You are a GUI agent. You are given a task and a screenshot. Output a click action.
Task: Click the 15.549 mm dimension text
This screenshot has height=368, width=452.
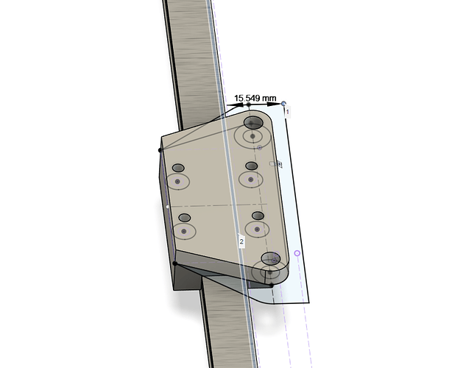pos(255,99)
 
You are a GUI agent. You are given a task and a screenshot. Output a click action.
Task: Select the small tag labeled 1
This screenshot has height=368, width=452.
pos(287,112)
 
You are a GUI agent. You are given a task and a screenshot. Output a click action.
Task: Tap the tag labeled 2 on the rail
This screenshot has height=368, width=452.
pos(241,241)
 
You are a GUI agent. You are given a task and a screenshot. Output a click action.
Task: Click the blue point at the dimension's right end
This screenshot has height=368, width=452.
pos(283,103)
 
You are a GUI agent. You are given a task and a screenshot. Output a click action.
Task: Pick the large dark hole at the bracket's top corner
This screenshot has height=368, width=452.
pos(253,122)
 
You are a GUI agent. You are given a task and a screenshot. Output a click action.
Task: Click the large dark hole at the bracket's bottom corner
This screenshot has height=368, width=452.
pos(271,258)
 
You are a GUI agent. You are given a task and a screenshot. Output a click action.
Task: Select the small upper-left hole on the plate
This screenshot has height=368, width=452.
pos(178,168)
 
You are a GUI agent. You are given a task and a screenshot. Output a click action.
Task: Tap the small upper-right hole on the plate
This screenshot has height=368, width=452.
pos(252,166)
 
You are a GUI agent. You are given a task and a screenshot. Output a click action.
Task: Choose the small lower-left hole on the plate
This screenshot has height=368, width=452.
pos(185,218)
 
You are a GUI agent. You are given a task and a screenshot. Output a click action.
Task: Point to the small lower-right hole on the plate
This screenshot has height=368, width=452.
pos(258,216)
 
